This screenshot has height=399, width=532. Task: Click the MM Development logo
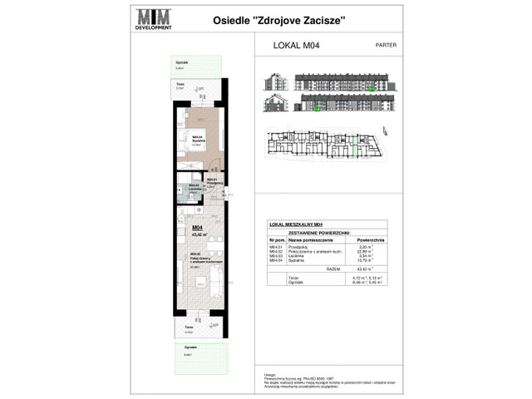pyautogui.click(x=154, y=17)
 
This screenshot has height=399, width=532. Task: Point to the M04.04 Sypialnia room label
pyautogui.click(x=199, y=140)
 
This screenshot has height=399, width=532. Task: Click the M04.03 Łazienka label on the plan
pyautogui.click(x=194, y=187)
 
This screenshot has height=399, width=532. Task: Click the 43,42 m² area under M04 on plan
pyautogui.click(x=199, y=234)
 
